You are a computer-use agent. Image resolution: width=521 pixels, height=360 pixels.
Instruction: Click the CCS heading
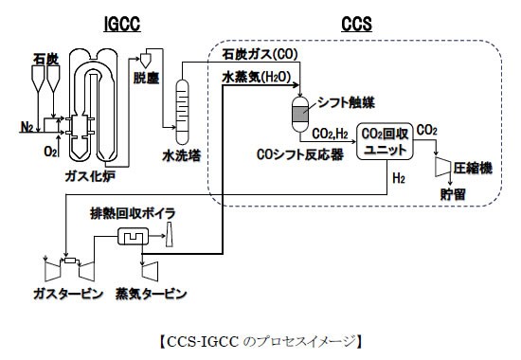(x=356, y=19)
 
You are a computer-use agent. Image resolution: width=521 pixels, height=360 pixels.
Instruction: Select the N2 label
(x=27, y=124)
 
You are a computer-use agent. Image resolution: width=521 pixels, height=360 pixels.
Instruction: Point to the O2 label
(x=47, y=150)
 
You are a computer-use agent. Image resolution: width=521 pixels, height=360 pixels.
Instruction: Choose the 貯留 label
(x=454, y=193)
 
